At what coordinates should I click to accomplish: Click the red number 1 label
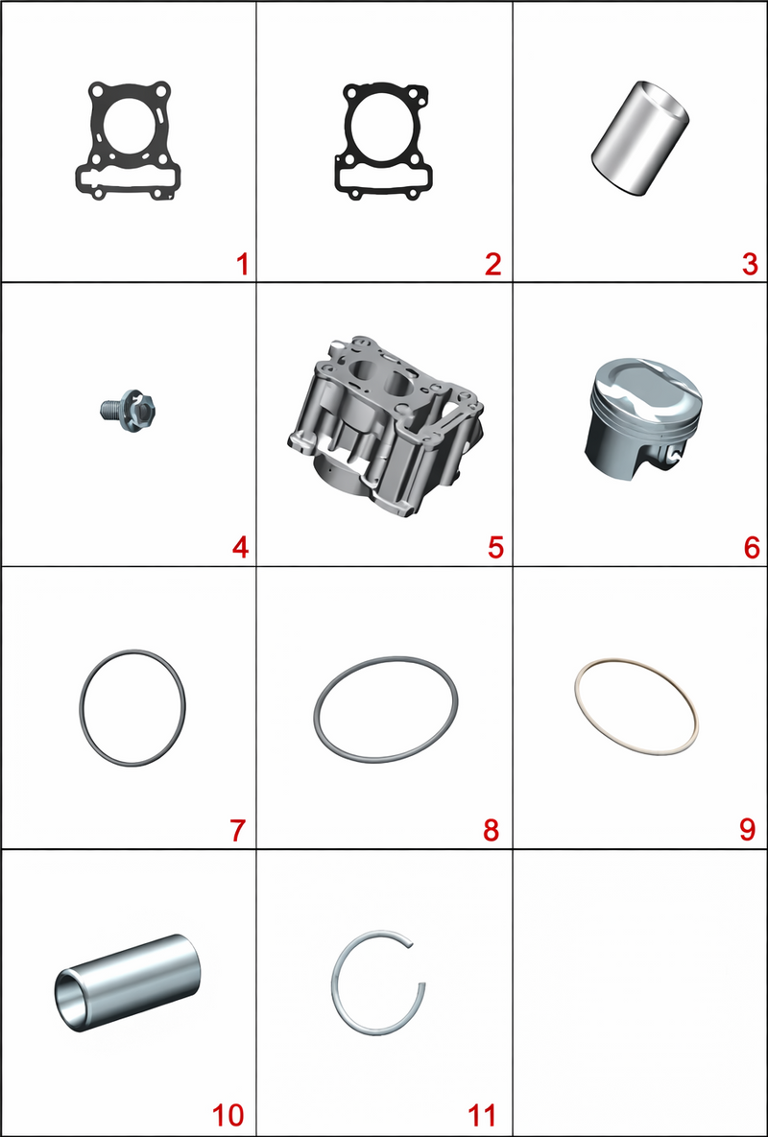(x=242, y=265)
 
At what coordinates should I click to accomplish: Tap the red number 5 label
(x=495, y=548)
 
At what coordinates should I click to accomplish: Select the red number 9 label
(x=748, y=830)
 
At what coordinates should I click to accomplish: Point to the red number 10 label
(x=228, y=1115)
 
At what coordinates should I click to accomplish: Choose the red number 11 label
(x=482, y=1115)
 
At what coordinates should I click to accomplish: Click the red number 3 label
(x=750, y=265)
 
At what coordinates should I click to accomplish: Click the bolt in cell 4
(x=128, y=408)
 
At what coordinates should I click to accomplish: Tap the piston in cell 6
(x=642, y=418)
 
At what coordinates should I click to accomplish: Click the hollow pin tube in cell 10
(x=128, y=983)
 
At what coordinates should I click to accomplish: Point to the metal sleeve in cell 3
(x=640, y=138)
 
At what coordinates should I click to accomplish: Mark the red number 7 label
(x=239, y=830)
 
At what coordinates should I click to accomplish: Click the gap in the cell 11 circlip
(x=420, y=963)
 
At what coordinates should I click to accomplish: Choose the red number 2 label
(x=493, y=265)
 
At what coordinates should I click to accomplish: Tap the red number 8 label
(x=492, y=830)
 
